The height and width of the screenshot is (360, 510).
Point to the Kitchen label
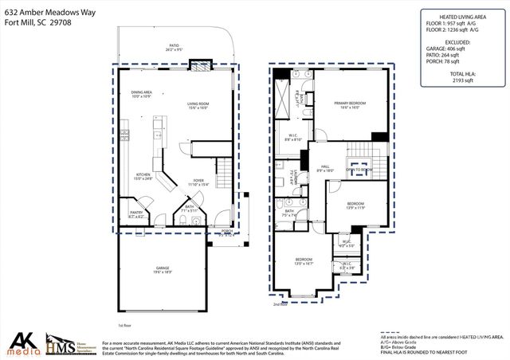pos(143,177)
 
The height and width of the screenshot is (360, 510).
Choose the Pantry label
pos(137,213)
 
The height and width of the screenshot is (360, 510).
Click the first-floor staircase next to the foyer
pos(225,171)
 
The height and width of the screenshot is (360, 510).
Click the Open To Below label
pos(360,170)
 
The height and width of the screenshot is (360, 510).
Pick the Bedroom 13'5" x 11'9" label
pos(355,205)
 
